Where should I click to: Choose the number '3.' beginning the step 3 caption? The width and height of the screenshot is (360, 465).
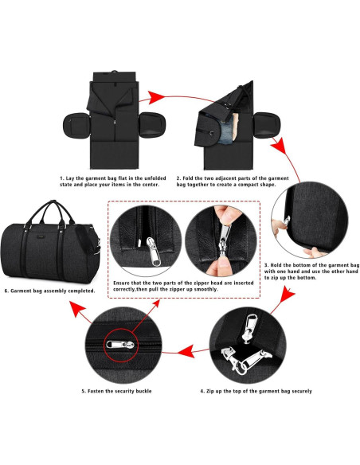point(266,264)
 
